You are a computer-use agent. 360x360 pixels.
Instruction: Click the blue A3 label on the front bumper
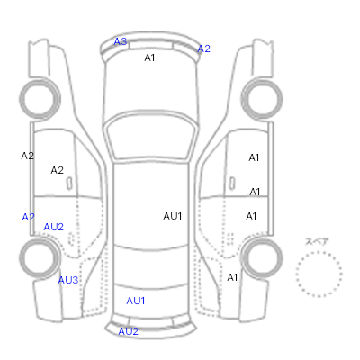[121, 41]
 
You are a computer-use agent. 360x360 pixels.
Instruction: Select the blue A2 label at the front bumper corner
[204, 49]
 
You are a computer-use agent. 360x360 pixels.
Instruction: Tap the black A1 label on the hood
[149, 58]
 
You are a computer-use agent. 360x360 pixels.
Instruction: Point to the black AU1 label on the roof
[173, 216]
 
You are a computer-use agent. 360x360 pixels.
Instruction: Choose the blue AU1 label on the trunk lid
[136, 301]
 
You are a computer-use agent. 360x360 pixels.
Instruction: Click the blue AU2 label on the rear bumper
[128, 331]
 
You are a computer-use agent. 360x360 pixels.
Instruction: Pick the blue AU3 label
[68, 280]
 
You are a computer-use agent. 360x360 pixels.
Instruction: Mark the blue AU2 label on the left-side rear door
[54, 227]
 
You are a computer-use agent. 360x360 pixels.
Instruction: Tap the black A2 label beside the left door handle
[57, 170]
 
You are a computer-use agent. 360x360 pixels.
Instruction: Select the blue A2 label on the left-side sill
[29, 217]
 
